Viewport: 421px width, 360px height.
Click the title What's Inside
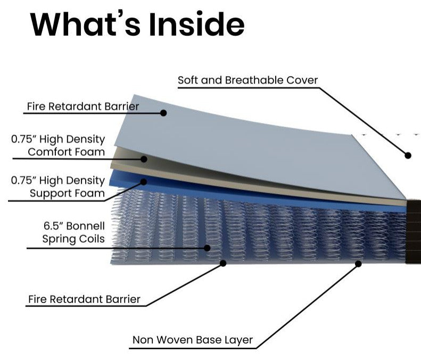point(137,25)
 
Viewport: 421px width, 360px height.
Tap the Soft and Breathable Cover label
point(247,80)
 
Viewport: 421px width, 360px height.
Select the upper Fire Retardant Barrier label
point(82,107)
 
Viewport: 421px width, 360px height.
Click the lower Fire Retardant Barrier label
point(84,299)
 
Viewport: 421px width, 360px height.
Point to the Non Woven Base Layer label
point(193,339)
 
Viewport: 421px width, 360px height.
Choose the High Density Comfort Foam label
point(58,145)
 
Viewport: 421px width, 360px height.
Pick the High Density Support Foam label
point(58,186)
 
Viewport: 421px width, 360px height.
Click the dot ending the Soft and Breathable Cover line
point(408,156)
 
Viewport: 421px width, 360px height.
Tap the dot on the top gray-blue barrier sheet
point(163,113)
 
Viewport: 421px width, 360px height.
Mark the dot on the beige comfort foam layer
point(144,159)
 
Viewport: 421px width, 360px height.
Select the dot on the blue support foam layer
point(143,182)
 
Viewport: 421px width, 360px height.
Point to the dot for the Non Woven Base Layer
point(358,263)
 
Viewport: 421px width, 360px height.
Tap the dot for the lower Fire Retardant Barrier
point(223,263)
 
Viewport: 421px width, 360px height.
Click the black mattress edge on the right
point(413,232)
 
